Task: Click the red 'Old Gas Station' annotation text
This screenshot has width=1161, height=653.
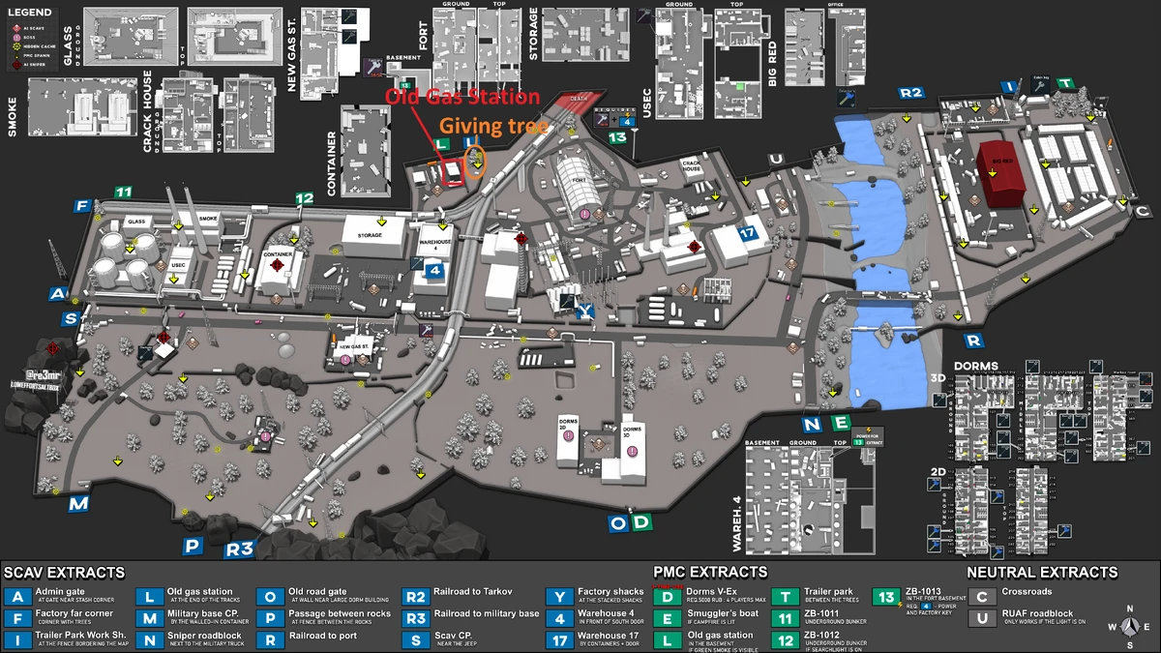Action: [462, 97]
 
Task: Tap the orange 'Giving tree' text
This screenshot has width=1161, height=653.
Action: [495, 126]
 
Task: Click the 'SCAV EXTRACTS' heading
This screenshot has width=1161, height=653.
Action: [64, 573]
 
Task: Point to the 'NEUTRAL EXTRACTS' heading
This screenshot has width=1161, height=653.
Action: [1041, 573]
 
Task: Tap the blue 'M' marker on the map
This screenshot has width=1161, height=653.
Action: [78, 504]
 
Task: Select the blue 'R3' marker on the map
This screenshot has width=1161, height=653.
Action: [238, 549]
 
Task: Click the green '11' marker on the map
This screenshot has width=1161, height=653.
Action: [123, 193]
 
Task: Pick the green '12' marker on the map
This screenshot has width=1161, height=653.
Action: [305, 198]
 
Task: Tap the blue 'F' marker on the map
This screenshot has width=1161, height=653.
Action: [82, 206]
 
